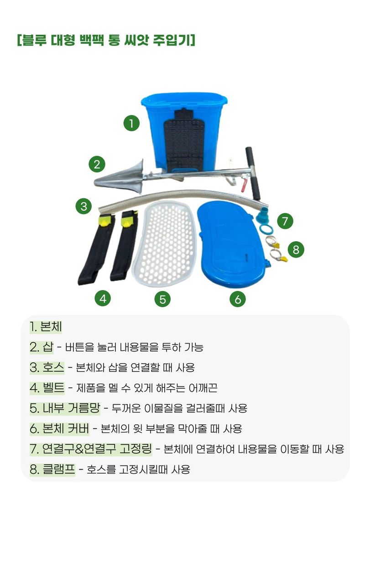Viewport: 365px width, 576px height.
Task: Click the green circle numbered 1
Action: pos(131,123)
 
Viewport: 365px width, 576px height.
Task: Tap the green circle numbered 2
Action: pos(97,164)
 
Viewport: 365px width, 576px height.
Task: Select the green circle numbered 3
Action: pos(84,206)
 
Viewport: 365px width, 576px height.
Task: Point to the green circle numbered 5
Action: pos(162,299)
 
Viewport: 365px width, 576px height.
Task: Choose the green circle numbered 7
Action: pos(285,221)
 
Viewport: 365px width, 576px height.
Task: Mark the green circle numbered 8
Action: pos(296,249)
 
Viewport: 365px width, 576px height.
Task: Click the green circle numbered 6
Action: pos(238,299)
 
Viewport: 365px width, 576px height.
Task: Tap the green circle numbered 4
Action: pos(103,299)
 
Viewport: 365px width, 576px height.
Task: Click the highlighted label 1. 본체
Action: pos(46,327)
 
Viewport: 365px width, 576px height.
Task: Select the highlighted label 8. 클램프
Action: pos(52,469)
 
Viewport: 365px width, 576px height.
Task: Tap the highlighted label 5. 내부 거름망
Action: pos(65,408)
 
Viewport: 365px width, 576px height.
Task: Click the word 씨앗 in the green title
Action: pos(136,40)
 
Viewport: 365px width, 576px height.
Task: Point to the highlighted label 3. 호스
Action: pos(47,368)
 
